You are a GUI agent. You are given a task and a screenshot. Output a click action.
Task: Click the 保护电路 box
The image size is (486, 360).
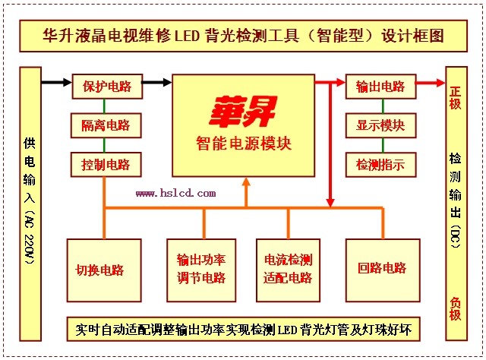click(107, 86)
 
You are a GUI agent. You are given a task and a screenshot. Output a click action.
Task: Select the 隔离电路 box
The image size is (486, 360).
click(107, 125)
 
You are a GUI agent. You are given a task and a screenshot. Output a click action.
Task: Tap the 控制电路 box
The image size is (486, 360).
click(107, 163)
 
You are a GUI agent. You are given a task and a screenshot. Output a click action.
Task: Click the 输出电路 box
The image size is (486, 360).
click(380, 86)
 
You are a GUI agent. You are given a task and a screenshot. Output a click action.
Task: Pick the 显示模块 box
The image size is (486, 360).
click(380, 125)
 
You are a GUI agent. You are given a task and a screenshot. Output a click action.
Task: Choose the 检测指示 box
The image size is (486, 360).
click(380, 163)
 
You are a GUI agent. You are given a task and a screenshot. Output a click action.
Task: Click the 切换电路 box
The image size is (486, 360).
click(104, 269)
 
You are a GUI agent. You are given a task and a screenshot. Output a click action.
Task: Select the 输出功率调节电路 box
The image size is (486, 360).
click(204, 269)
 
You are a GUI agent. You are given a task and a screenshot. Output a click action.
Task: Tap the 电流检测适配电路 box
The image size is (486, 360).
click(289, 269)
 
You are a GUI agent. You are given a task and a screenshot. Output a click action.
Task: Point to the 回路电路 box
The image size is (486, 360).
click(383, 269)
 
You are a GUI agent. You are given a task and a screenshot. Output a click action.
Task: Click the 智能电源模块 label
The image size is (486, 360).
click(242, 143)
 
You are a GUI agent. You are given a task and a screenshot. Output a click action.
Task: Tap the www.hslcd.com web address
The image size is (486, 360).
click(175, 193)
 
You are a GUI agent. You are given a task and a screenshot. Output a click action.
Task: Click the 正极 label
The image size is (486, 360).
click(455, 97)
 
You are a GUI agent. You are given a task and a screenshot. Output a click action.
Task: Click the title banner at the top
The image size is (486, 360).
click(242, 36)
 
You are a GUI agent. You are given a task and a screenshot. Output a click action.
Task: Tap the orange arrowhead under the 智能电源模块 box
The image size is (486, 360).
click(245, 183)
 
